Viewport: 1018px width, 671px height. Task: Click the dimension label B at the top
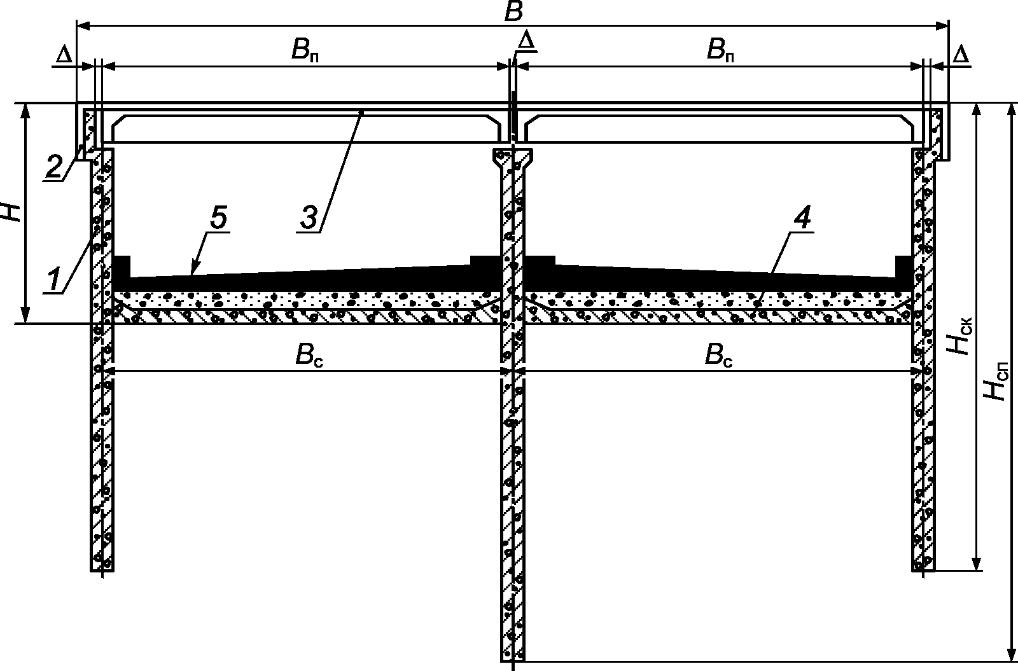pyautogui.click(x=513, y=13)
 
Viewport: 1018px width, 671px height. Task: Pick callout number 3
pyautogui.click(x=308, y=217)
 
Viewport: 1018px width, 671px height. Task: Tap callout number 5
pyautogui.click(x=216, y=218)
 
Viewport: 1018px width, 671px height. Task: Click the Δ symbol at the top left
pyautogui.click(x=64, y=56)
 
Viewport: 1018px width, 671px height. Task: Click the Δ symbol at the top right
pyautogui.click(x=961, y=56)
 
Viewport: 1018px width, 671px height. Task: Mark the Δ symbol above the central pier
pyautogui.click(x=526, y=42)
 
